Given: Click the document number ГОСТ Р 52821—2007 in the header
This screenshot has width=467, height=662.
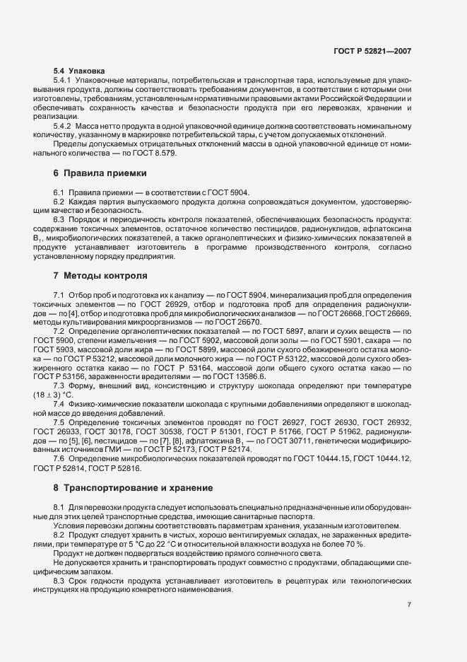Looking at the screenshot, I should pyautogui.click(x=381, y=52).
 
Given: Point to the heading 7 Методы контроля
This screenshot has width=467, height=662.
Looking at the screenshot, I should pyautogui.click(x=100, y=274).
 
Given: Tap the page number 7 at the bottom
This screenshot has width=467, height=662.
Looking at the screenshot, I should pyautogui.click(x=409, y=605).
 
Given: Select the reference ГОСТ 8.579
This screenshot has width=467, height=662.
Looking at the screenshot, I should pyautogui.click(x=155, y=153).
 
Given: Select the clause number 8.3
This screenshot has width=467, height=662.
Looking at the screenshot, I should pyautogui.click(x=59, y=580).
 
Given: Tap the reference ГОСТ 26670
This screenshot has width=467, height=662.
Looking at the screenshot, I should pyautogui.click(x=223, y=321).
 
